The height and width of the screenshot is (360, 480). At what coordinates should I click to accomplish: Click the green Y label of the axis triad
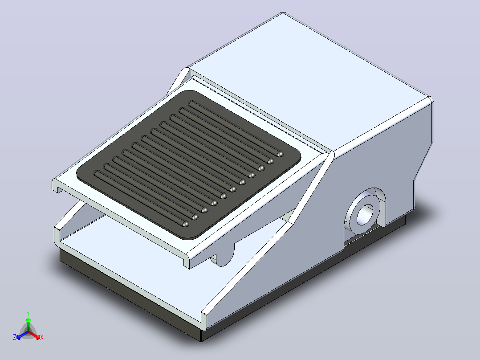(x=28, y=313)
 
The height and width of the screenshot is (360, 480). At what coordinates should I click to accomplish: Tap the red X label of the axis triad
(x=42, y=337)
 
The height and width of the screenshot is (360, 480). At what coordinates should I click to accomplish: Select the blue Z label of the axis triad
(x=15, y=337)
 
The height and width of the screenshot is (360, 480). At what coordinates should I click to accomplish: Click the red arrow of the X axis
(x=34, y=335)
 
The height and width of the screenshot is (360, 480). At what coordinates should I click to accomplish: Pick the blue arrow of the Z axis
(x=22, y=335)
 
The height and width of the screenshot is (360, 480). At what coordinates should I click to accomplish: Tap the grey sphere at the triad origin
(x=28, y=332)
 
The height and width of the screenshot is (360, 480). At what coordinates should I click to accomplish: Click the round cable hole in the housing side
(x=365, y=213)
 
